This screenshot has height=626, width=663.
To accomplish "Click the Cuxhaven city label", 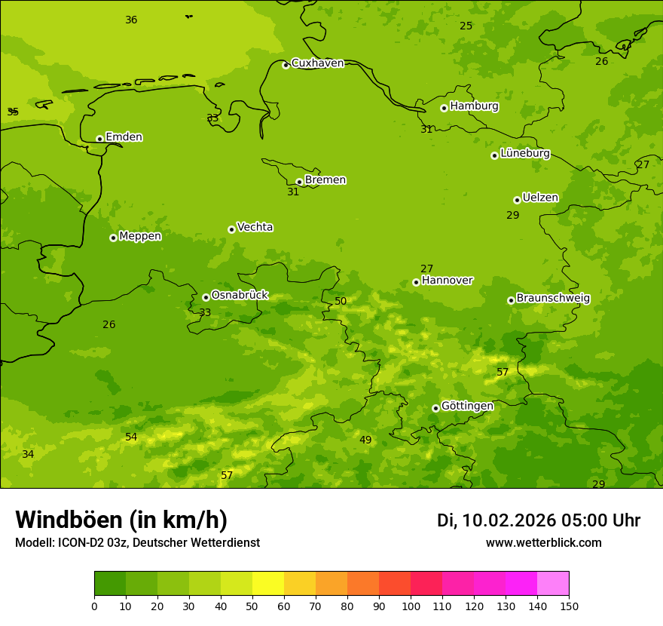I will (317, 63).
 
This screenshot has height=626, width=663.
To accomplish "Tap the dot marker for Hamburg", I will (444, 108).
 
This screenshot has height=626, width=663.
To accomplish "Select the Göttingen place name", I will (467, 407).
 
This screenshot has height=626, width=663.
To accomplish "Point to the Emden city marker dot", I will (99, 139).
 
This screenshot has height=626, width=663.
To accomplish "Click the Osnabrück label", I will (240, 296).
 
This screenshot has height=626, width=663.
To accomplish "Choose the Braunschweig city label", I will (553, 299).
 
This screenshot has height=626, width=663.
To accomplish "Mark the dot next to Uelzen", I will (517, 200).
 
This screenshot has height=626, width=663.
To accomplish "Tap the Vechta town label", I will (255, 227).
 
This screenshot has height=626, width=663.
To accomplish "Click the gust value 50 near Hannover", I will (341, 302).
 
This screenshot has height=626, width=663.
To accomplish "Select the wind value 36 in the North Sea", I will (131, 20).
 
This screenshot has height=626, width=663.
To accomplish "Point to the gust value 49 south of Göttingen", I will (365, 440).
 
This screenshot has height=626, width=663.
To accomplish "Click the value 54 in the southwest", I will (131, 437).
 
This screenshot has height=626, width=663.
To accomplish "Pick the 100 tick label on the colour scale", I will (411, 606).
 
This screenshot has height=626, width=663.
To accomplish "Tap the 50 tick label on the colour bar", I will (252, 606).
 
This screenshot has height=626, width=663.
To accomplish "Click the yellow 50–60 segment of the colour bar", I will (268, 584).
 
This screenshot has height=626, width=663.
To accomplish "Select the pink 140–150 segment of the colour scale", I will (553, 584).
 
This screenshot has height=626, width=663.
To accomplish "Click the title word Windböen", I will (69, 520).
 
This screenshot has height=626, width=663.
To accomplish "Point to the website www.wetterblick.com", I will (543, 543).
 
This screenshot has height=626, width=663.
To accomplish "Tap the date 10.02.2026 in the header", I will (509, 520).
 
